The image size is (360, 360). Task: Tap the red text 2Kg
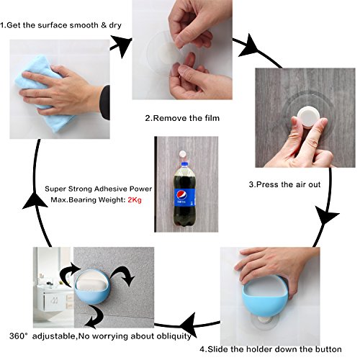[x=135, y=199]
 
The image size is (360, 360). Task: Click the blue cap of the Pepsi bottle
[x=184, y=164]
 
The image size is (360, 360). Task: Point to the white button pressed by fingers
[x=308, y=117]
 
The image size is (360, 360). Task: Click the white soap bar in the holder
[x=91, y=285]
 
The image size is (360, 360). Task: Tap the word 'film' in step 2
[x=212, y=118]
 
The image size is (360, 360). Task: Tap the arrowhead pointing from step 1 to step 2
[x=122, y=46]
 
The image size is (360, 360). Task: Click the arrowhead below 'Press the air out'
[x=327, y=215]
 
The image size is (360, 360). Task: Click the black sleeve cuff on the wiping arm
[x=105, y=102]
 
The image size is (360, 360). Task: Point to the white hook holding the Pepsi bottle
[x=183, y=153]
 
